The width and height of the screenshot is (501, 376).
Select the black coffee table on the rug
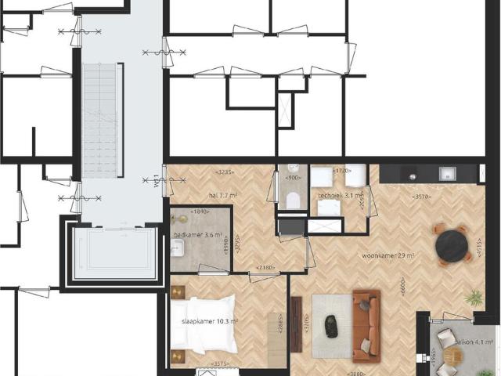332,326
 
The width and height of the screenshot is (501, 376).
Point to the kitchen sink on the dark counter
449,174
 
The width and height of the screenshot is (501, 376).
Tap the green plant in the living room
474,298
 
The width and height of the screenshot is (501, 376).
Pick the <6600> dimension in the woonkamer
401,295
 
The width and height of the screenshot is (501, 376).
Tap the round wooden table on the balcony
453,357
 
